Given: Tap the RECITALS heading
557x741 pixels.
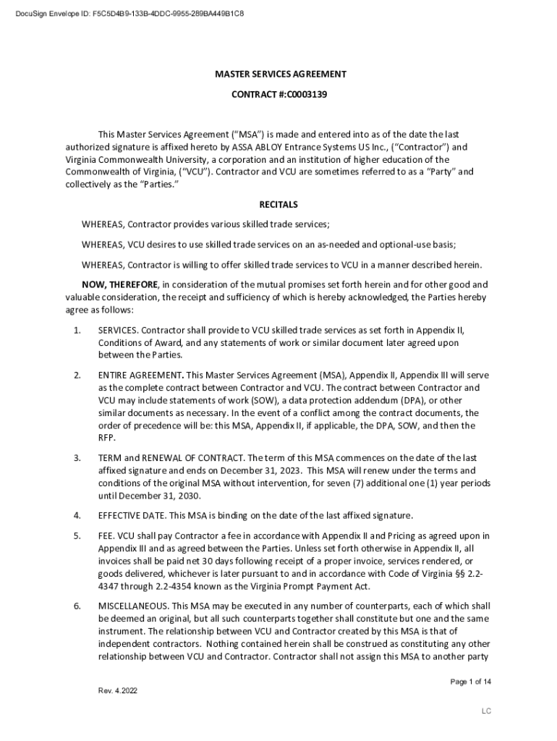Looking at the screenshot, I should [278, 205].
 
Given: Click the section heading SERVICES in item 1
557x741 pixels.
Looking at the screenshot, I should [117, 330].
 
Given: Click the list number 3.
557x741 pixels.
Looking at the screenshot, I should [77, 458].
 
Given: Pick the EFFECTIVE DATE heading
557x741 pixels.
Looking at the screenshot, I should [131, 515].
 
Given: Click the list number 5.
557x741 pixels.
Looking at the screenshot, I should [77, 535].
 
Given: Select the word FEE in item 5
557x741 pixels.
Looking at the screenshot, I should [106, 535].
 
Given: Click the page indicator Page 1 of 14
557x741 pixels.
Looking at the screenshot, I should [470, 682].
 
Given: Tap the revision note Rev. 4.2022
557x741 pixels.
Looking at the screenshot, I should [118, 690].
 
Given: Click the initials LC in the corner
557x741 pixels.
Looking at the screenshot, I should [487, 711].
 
